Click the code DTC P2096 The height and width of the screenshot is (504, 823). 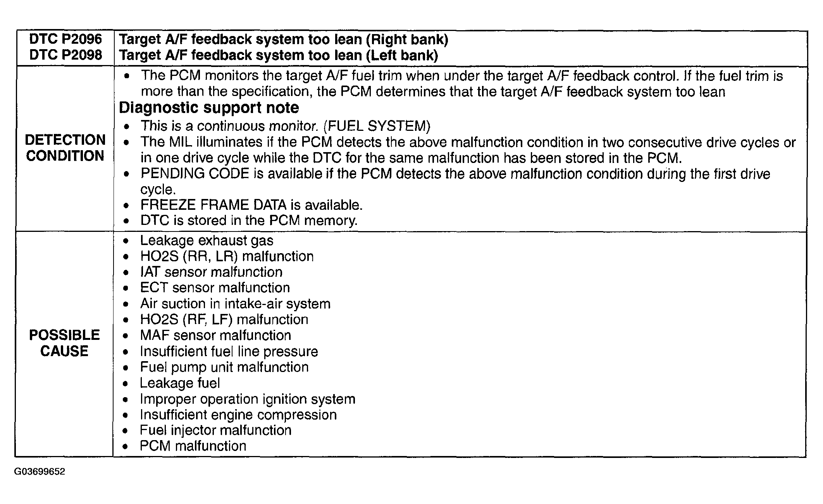(x=65, y=39)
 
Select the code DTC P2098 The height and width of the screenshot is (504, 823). (x=65, y=55)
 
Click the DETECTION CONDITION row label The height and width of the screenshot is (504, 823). (x=65, y=148)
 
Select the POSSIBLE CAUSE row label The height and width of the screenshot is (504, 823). (x=64, y=343)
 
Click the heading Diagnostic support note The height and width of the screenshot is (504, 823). (x=209, y=108)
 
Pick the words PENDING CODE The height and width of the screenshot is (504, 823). (x=195, y=173)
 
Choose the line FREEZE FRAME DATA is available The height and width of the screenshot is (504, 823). (x=251, y=205)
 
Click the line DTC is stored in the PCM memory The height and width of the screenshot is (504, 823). (x=249, y=221)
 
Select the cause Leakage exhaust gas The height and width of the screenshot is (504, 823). (x=207, y=241)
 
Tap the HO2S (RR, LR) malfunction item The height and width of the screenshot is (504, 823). (x=227, y=256)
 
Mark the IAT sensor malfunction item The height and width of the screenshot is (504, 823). (x=211, y=272)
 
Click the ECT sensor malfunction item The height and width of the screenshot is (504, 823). (x=215, y=288)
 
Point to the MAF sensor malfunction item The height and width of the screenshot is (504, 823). (x=215, y=335)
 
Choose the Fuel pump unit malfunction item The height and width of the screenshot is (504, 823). (x=224, y=367)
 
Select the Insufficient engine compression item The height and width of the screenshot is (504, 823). (x=238, y=415)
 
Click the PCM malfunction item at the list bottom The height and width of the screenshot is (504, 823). (x=193, y=446)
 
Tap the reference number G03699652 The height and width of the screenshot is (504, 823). (x=40, y=472)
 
